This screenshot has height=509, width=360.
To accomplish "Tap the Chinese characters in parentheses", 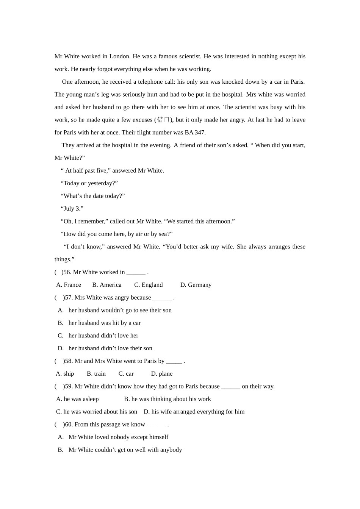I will click(x=163, y=120).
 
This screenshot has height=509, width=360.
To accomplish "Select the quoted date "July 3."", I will click(x=72, y=209).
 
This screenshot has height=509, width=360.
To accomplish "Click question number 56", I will click(x=67, y=272).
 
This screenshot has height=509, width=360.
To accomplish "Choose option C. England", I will click(x=148, y=285).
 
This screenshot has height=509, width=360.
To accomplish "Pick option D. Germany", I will click(x=196, y=285).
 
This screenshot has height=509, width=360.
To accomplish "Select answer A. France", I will click(x=69, y=285).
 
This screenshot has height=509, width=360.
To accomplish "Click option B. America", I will click(x=107, y=285).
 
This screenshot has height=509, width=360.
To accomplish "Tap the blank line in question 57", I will click(x=162, y=298).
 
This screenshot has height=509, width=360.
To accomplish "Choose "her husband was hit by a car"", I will click(x=104, y=323).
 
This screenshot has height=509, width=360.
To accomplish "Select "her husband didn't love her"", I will click(x=103, y=336).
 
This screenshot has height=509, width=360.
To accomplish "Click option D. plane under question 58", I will click(x=162, y=374).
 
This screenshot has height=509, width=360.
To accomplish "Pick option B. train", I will click(x=96, y=374).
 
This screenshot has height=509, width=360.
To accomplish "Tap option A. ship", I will click(x=65, y=374).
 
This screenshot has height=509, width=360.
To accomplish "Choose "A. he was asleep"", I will click(x=77, y=399).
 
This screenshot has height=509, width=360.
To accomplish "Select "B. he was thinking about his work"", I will click(x=167, y=399).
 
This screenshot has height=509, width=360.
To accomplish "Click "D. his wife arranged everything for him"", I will click(x=194, y=412).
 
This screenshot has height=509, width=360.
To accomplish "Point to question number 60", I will click(x=69, y=425).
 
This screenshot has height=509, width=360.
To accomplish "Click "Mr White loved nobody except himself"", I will click(x=118, y=437).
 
